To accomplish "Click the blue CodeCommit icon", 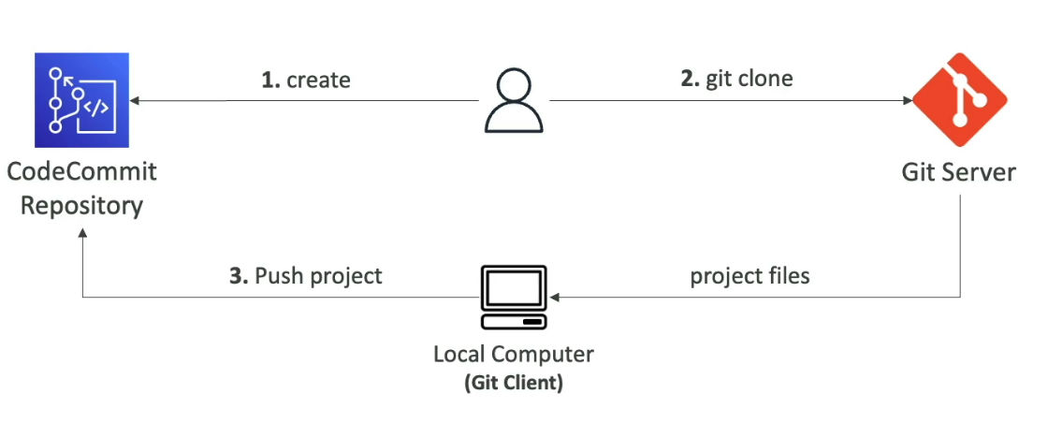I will tap(80, 101).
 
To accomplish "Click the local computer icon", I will tap(514, 299).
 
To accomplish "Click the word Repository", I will tap(81, 205).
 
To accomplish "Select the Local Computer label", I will tap(514, 355).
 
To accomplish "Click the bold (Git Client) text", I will tap(514, 383).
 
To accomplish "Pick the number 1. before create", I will tap(270, 80).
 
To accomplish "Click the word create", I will tap(318, 80).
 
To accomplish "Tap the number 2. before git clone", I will tap(690, 79).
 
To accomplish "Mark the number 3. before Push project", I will tap(239, 276).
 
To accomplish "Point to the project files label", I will tap(750, 276).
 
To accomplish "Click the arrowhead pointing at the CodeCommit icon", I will tap(135, 100).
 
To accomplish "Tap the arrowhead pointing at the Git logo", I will tap(907, 100).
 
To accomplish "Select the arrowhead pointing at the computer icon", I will tap(556, 299).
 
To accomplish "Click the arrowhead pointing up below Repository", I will tap(82, 238).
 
